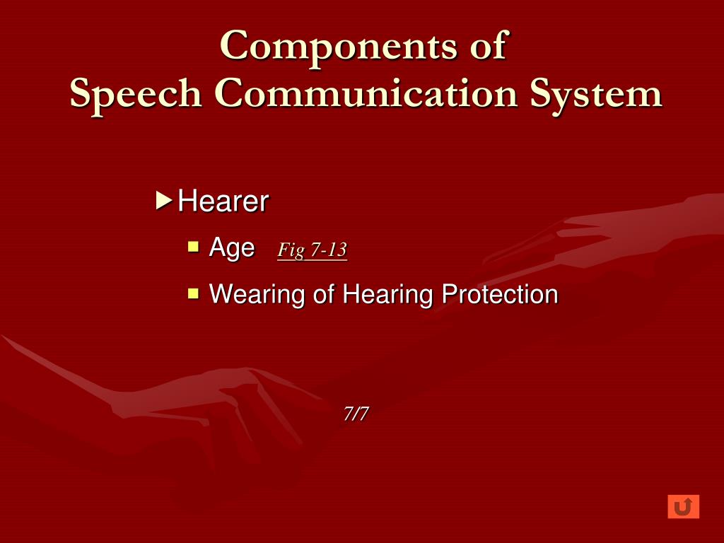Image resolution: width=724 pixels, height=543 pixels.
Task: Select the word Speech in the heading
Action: (135, 95)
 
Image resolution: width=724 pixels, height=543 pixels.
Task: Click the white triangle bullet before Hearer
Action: (163, 201)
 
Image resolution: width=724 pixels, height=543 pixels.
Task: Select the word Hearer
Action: (223, 202)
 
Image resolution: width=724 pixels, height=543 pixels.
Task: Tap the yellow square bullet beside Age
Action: (193, 247)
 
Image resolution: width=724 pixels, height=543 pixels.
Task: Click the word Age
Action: (232, 248)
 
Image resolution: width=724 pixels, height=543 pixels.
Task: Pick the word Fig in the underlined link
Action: (289, 250)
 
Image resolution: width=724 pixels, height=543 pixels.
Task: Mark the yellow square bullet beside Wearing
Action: (193, 292)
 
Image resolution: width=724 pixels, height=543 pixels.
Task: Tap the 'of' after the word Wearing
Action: (324, 293)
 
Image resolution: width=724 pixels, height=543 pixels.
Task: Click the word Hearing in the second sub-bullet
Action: (388, 294)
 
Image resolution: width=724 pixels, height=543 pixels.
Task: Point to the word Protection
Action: (500, 293)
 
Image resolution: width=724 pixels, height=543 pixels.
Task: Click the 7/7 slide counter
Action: (356, 414)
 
